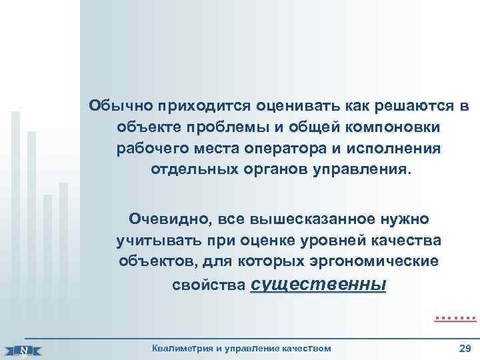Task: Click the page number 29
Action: pyautogui.click(x=465, y=348)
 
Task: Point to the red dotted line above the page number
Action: pyautogui.click(x=451, y=319)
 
